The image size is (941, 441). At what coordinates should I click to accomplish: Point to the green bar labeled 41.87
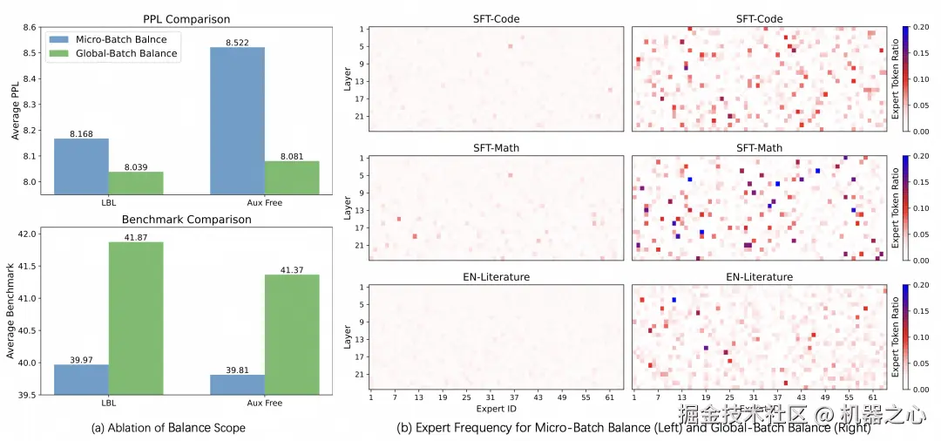(135, 317)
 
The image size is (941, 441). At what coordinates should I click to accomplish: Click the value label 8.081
(292, 156)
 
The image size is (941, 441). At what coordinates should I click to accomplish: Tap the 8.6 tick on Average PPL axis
(30, 28)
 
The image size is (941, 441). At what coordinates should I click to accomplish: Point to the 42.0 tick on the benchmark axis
(27, 234)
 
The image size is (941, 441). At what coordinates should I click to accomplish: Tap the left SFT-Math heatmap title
(497, 148)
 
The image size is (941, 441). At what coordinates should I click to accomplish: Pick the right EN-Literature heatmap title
(759, 277)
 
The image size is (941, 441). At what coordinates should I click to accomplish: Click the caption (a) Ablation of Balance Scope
(168, 428)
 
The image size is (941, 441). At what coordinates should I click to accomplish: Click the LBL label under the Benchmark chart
(108, 404)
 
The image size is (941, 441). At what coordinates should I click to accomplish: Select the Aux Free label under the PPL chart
(265, 202)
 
